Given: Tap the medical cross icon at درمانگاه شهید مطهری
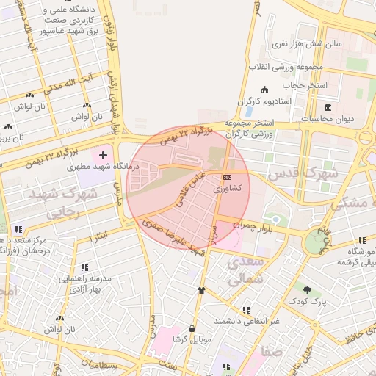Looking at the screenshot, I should point(103,156).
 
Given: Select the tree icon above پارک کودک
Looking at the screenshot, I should point(307,290).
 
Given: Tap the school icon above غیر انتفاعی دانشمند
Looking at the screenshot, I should point(245,310).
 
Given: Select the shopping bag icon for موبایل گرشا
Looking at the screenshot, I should point(192,328).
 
